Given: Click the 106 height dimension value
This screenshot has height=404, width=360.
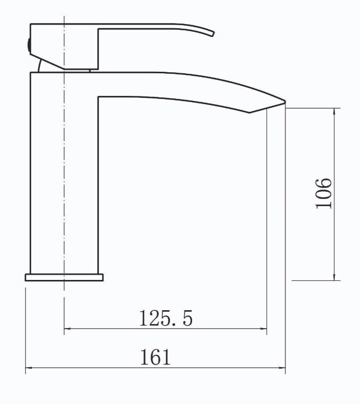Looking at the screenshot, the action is pos(324,193).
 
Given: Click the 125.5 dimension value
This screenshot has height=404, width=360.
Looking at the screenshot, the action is pos(166,318).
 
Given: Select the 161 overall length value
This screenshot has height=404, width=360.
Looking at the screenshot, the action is pos(156,357).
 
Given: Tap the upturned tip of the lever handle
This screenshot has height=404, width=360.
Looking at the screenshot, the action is pos(213,34).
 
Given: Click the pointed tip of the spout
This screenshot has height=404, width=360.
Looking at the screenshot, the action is pos(285,102).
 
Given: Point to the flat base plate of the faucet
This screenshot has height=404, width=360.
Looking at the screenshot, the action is pos(64,277).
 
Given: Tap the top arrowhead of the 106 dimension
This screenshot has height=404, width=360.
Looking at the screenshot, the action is pos(334,111).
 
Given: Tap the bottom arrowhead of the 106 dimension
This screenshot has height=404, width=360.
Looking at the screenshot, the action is pos(334,277).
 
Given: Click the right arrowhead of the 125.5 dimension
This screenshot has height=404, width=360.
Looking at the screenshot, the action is pos(263,329).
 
